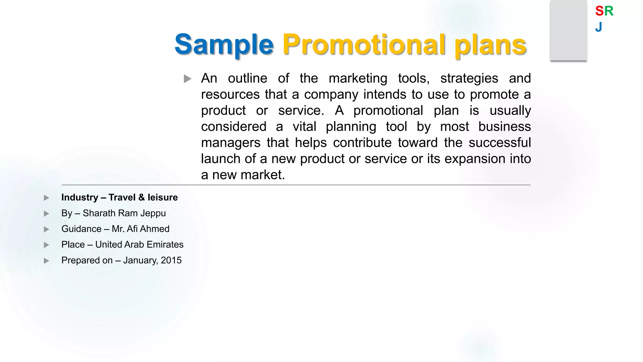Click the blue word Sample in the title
click(224, 44)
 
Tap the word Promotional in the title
click(364, 44)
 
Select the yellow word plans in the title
click(490, 45)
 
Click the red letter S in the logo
click(599, 11)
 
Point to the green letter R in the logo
click(609, 11)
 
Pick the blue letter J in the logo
click(599, 27)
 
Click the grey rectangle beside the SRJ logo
click(569, 30)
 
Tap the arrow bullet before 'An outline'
click(187, 79)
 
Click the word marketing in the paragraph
click(358, 78)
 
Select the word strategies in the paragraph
click(469, 78)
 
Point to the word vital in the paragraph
click(304, 127)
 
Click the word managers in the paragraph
click(231, 143)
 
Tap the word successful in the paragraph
click(500, 143)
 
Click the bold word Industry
click(80, 197)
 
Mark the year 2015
click(171, 260)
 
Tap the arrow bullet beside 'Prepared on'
click(46, 261)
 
